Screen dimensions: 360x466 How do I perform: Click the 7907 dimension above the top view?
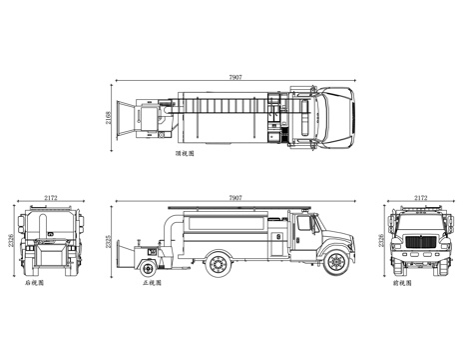234,76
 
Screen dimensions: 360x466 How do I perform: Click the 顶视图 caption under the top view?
186,156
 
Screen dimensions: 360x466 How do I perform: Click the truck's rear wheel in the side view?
215,264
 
